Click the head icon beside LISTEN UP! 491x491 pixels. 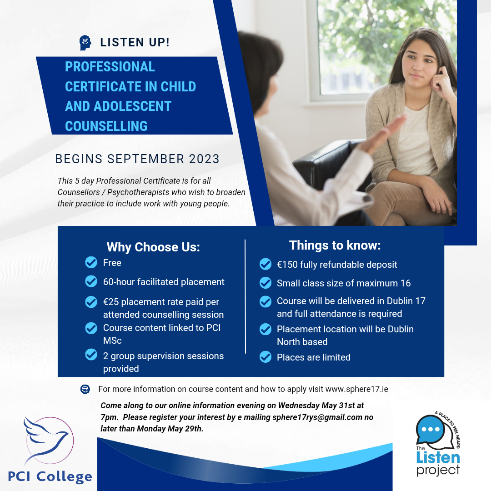pos(85,43)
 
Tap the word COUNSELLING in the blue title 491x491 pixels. pos(106,126)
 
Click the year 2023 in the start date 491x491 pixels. pos(204,159)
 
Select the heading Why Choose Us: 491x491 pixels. pos(153,247)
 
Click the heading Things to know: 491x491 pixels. pos(335,245)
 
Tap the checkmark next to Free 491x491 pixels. pos(91,262)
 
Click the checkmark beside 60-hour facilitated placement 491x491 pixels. pos(91,281)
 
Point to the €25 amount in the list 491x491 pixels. pos(111,302)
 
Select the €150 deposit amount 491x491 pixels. pos(287,265)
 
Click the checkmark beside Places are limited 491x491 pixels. pos(266,357)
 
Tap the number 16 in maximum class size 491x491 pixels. pos(406,283)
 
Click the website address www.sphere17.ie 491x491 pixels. pos(357,389)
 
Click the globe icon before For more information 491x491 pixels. pos(85,389)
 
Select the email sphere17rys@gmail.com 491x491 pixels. pos(317,417)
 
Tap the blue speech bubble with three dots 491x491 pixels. pos(431,429)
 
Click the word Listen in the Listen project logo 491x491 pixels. pos(438,457)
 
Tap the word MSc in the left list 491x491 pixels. pos(112,341)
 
